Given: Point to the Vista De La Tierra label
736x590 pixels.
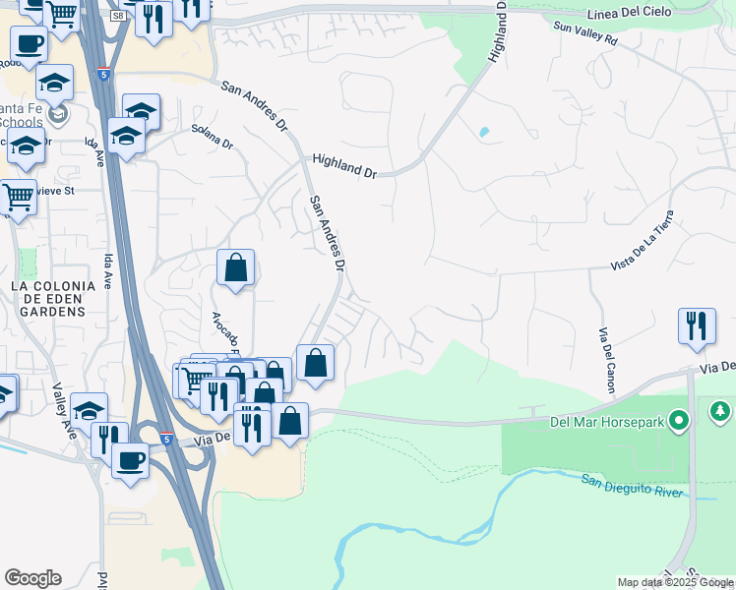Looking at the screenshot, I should point(643,239).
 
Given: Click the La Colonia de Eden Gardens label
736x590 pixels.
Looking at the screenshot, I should point(53,298).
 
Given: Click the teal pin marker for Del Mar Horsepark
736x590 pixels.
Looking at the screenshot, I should point(678,423).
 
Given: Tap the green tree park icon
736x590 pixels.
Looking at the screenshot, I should point(719,409).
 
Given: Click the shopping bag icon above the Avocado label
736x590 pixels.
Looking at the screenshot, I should point(236,266).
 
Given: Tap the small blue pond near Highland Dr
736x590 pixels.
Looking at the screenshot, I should point(483,132).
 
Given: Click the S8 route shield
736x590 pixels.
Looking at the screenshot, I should point(118,16).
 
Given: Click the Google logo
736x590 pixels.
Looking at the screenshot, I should point(32,578).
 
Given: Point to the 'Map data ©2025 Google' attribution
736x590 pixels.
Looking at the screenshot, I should point(675,582).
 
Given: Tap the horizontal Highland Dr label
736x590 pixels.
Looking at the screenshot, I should point(344,164).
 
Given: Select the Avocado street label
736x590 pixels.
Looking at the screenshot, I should point(225,335).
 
